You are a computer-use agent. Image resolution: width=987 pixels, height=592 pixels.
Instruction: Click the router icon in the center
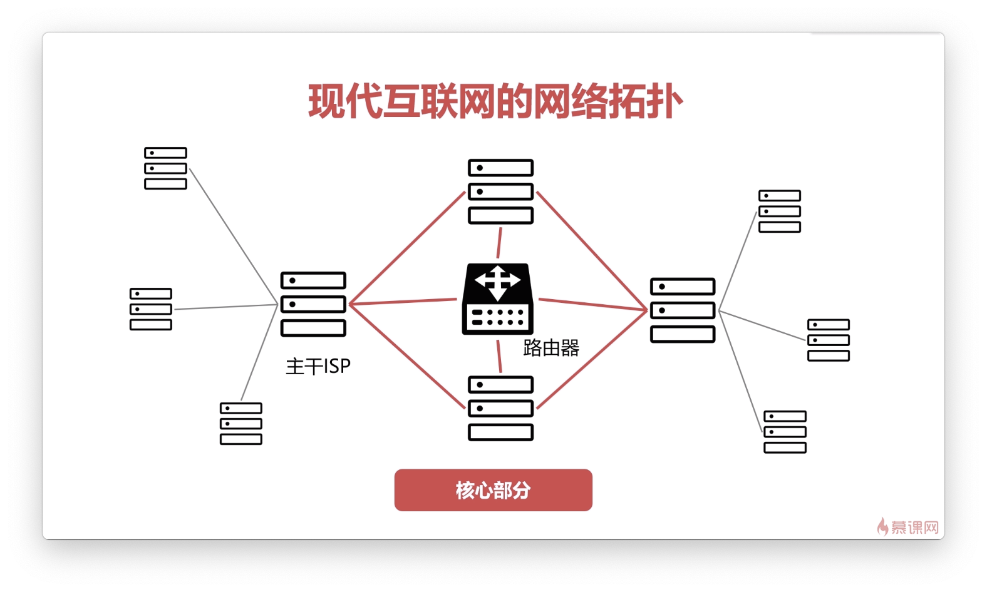pos(497,300)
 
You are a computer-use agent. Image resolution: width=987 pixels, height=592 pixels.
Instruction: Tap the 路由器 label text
pos(551,348)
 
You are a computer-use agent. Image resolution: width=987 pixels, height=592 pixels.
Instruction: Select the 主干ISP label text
pos(318,366)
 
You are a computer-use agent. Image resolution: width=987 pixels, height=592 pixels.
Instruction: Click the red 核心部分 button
pos(493,490)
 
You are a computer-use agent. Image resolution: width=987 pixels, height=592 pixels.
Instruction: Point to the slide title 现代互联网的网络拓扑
pos(495,101)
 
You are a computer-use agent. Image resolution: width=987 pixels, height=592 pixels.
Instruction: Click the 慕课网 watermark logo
pos(908,528)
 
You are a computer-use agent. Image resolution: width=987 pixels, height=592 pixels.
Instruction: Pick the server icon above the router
pos(500,191)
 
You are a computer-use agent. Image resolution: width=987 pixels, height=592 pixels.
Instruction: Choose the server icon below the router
pos(500,408)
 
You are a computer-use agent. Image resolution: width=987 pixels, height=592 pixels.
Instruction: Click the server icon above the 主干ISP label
pos(313,304)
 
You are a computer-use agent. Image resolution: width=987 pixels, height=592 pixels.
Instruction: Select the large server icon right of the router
pos(683,310)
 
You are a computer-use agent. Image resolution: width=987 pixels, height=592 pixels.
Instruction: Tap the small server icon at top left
pos(165,168)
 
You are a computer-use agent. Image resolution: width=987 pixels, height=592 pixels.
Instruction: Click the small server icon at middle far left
pos(151,309)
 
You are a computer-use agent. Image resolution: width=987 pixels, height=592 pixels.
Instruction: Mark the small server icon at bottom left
pos(241,424)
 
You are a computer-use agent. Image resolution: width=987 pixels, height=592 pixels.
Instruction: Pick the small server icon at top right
pos(780,212)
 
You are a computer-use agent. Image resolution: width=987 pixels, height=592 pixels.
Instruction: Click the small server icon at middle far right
pos(829,340)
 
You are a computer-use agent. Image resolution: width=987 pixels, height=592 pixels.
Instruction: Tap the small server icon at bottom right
pos(785,432)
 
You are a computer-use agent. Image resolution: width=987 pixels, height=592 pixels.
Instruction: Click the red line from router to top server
pos(499,243)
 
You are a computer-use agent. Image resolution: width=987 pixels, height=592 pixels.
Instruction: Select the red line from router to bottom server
pos(499,356)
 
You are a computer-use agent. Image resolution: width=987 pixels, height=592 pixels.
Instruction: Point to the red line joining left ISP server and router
pos(404,302)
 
